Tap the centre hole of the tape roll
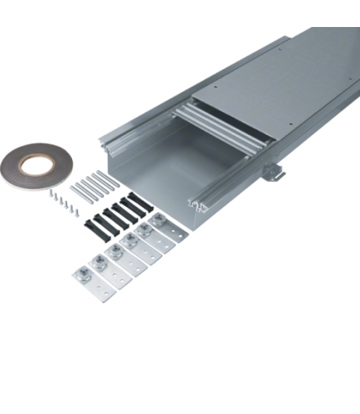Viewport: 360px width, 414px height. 34,166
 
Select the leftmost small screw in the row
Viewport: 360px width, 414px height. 51,193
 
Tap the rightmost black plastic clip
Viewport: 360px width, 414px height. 139,201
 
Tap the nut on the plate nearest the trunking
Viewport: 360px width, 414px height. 158,219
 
